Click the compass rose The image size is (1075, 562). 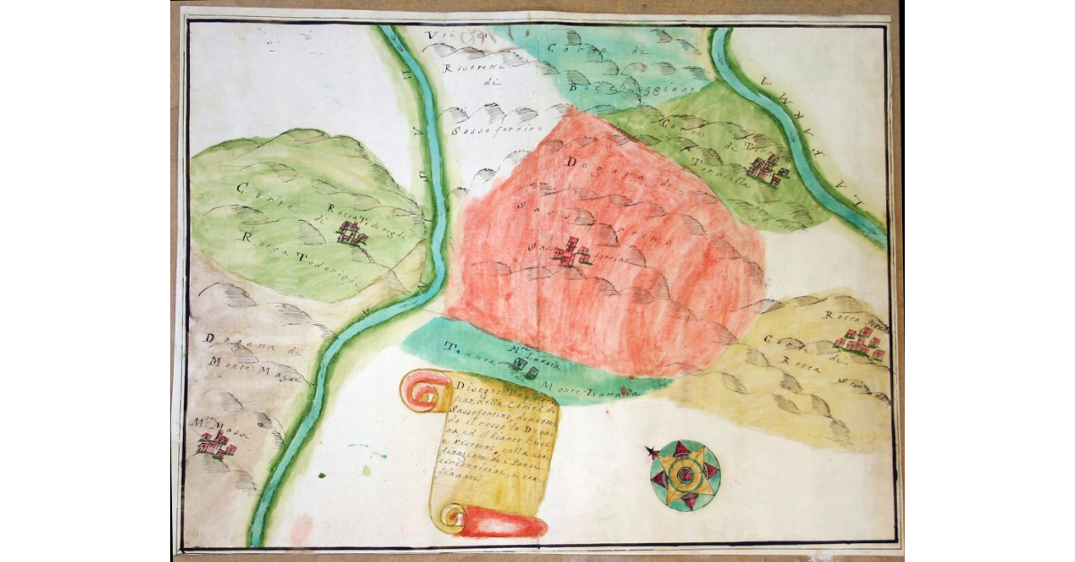click(685, 475)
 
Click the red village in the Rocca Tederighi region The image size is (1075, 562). click(351, 234)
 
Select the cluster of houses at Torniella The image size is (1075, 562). click(767, 170)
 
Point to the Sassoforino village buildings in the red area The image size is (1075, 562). click(571, 254)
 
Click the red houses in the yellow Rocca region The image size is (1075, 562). click(860, 344)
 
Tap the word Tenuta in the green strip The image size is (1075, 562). click(465, 353)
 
